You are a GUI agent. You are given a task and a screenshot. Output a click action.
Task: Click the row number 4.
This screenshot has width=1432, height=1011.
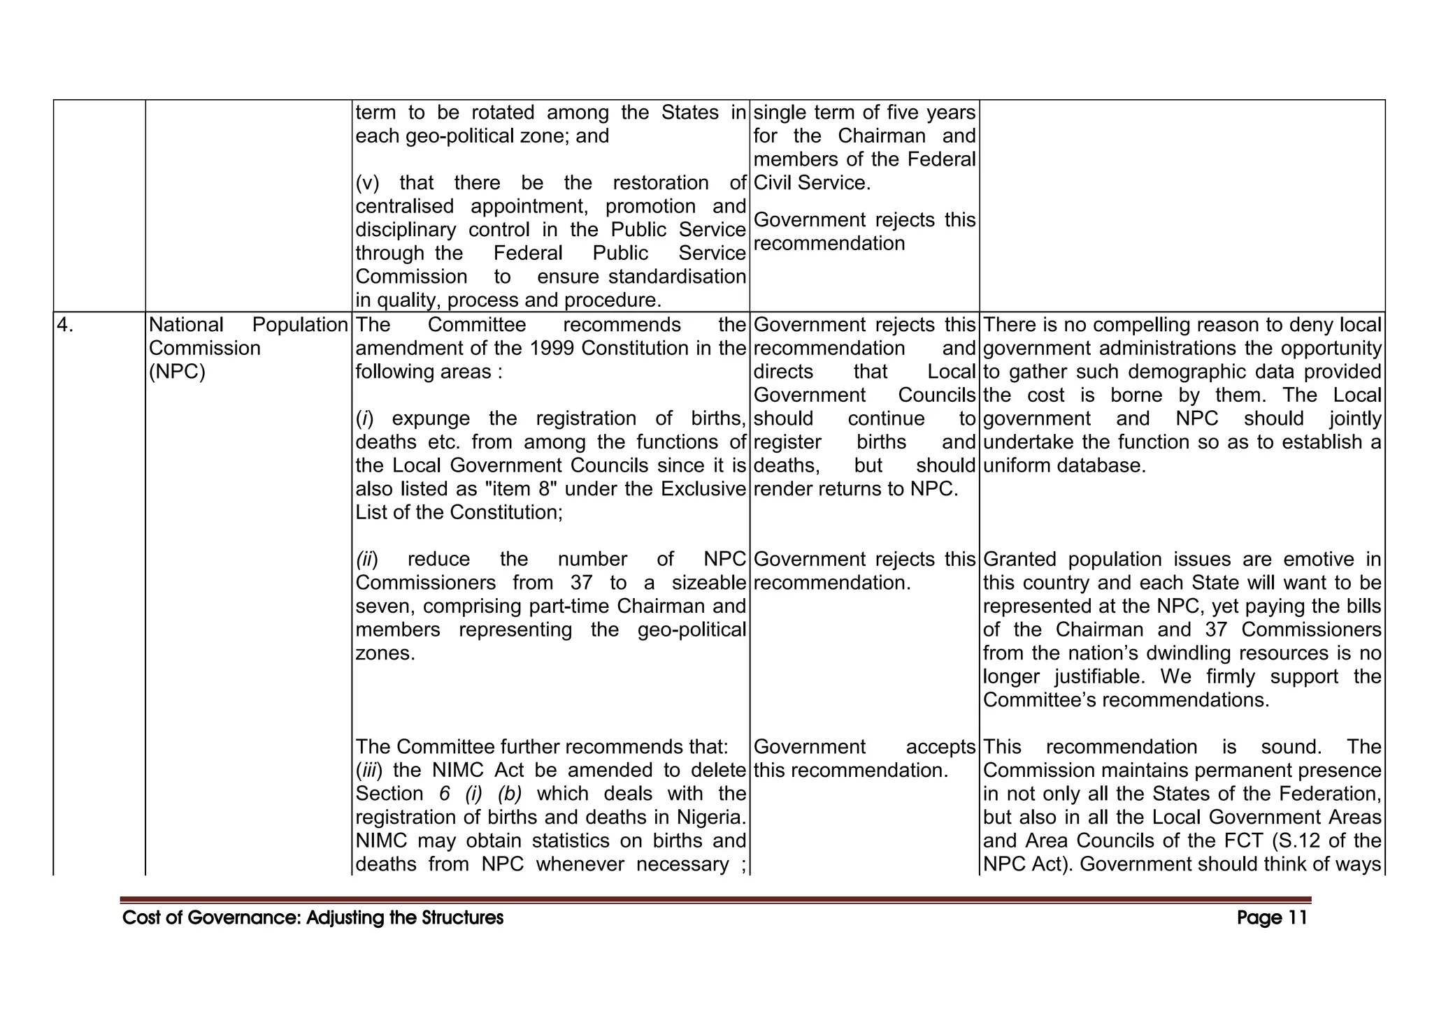pos(64,325)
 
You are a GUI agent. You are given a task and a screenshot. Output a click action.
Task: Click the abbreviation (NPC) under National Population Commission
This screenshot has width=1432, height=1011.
pos(177,372)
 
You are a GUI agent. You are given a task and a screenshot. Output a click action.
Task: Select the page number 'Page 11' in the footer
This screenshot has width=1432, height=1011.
pos(1271,917)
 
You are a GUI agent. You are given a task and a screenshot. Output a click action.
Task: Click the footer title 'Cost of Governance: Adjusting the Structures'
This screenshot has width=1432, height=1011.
pos(313,917)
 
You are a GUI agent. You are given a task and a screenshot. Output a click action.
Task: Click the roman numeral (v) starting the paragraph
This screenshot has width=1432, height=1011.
pos(367,183)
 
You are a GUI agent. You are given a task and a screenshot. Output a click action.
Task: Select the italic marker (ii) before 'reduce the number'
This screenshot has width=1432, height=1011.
pos(367,560)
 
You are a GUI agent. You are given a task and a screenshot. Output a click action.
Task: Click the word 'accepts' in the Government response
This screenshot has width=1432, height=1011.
pos(940,747)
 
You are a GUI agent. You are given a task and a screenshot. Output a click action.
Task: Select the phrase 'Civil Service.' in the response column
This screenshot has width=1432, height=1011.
pos(812,183)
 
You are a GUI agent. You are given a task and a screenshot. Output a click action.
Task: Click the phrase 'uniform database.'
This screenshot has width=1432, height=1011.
pos(1064,466)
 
